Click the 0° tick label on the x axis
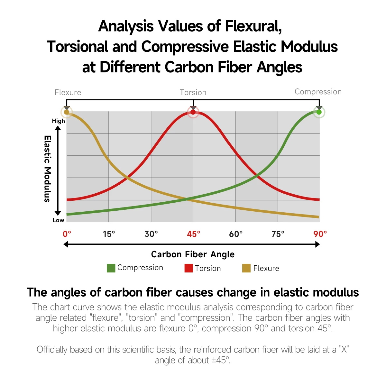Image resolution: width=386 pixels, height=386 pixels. pyautogui.click(x=67, y=234)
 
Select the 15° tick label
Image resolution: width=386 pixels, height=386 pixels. pyautogui.click(x=109, y=234)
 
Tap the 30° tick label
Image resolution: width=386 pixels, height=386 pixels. pyautogui.click(x=151, y=234)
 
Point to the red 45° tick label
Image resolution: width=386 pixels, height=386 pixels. pyautogui.click(x=193, y=234)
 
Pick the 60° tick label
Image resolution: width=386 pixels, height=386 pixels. pyautogui.click(x=236, y=234)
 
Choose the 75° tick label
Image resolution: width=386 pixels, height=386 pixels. pyautogui.click(x=278, y=234)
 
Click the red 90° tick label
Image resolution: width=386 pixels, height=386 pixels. pyautogui.click(x=320, y=234)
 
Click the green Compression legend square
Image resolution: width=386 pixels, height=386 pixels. pyautogui.click(x=111, y=268)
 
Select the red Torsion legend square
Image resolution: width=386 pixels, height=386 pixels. pyautogui.click(x=188, y=268)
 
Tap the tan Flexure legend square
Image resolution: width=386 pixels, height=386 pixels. pyautogui.click(x=246, y=268)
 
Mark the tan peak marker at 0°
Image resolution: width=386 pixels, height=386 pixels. pyautogui.click(x=67, y=112)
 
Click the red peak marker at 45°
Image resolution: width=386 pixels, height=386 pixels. pyautogui.click(x=193, y=112)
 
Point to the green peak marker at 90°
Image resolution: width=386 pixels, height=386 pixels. pyautogui.click(x=319, y=112)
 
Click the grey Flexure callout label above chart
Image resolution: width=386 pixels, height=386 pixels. pyautogui.click(x=68, y=93)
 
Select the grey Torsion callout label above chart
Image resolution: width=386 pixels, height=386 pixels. pyautogui.click(x=193, y=93)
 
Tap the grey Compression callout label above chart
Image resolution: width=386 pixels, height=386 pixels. pyautogui.click(x=318, y=92)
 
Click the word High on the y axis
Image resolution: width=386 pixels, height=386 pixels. pyautogui.click(x=58, y=121)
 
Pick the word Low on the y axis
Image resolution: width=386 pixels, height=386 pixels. pyautogui.click(x=58, y=220)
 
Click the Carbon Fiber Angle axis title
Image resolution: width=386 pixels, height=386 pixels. pyautogui.click(x=193, y=254)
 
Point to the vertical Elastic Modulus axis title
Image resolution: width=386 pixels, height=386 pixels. pyautogui.click(x=47, y=169)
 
